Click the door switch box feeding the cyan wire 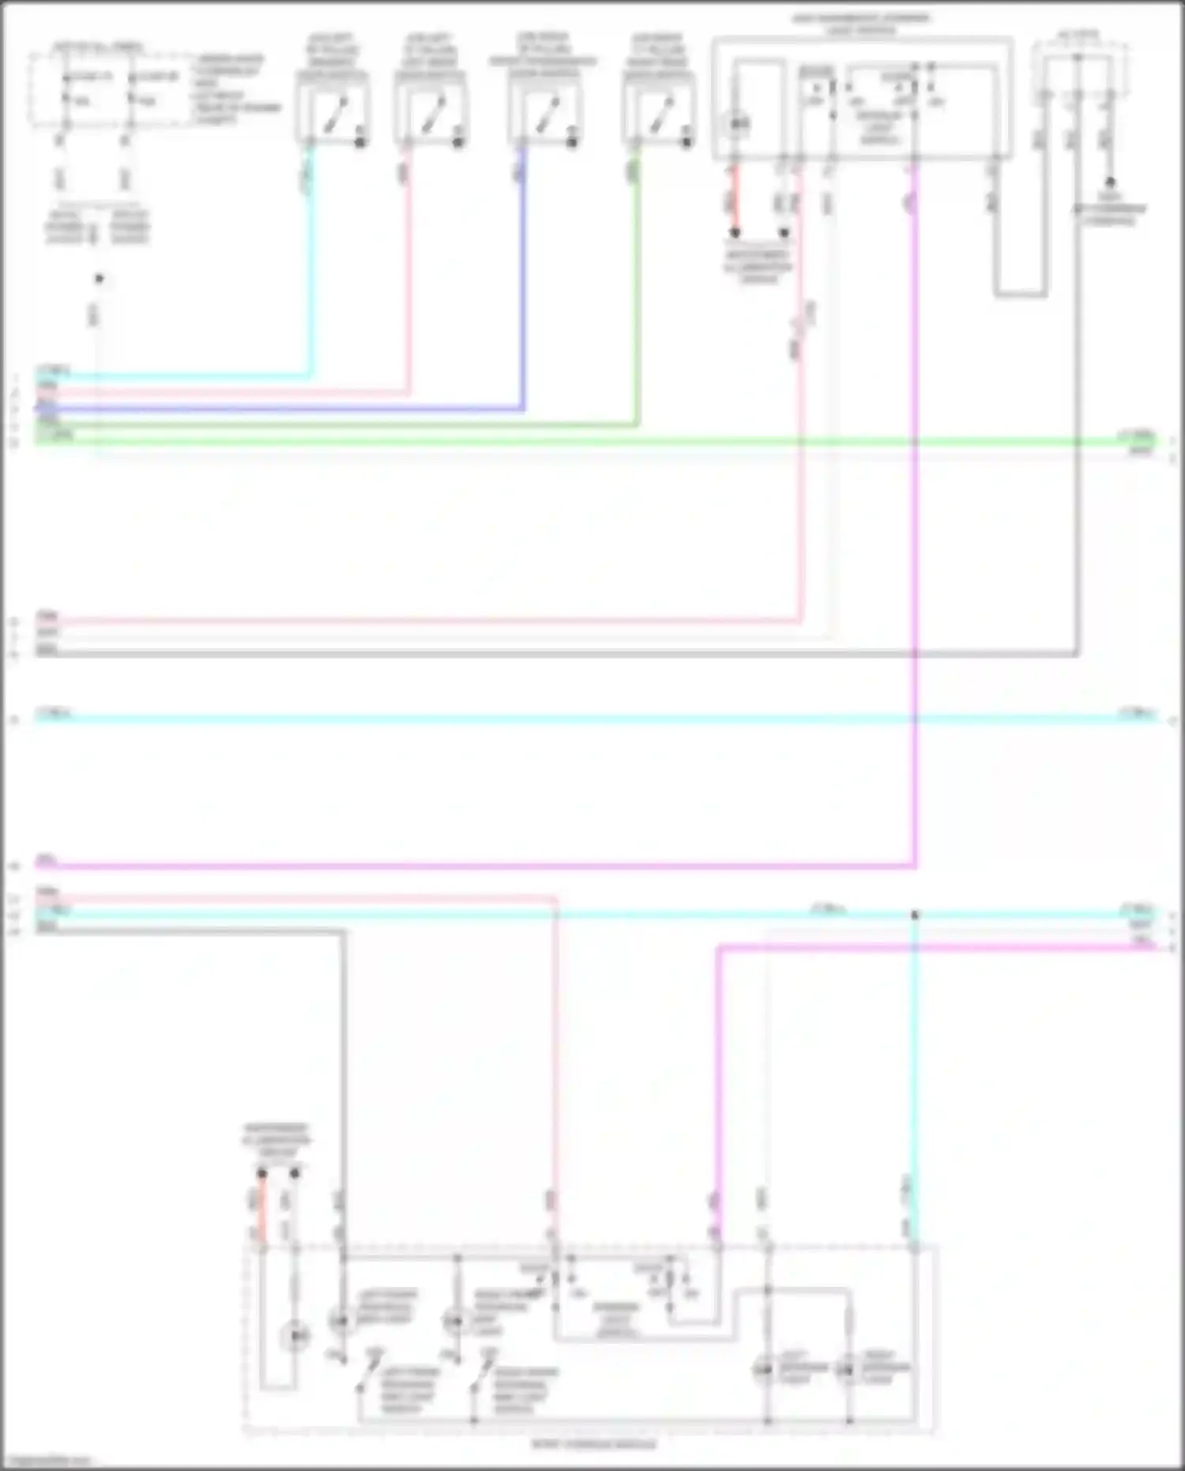click(333, 111)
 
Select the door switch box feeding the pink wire click(431, 111)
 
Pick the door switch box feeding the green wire click(659, 111)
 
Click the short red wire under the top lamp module click(735, 202)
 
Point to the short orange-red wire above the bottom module click(262, 1209)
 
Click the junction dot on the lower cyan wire click(915, 915)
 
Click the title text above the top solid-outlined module click(861, 24)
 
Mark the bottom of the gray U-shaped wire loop click(1020, 295)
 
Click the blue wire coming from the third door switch click(522, 277)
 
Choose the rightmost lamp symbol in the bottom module click(848, 1368)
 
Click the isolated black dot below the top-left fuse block click(99, 278)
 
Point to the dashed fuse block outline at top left click(111, 89)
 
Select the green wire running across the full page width click(592, 442)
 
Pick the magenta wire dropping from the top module click(915, 514)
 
